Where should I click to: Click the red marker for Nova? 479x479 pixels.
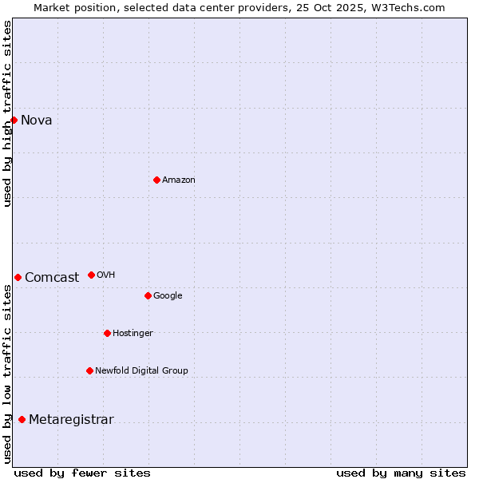coord(14,120)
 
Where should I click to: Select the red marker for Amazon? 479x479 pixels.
coord(156,180)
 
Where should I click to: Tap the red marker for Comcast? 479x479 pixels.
coord(18,277)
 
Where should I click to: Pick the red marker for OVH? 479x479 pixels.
coord(91,275)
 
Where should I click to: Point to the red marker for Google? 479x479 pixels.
coord(148,295)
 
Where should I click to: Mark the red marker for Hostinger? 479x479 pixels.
coord(107,333)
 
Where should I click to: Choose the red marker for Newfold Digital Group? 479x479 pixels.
coord(89,370)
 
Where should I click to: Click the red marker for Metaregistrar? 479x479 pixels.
coord(22,419)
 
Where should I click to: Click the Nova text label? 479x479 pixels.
coord(37,121)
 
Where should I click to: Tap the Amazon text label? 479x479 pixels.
coord(179,180)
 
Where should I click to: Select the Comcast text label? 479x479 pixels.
coord(52,278)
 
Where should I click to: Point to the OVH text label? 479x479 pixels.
coord(106,275)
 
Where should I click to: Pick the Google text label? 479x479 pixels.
coord(168,296)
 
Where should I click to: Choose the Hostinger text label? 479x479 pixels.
coord(133,334)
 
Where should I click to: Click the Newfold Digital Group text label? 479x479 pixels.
coord(142,371)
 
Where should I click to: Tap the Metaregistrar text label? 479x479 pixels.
coord(71,420)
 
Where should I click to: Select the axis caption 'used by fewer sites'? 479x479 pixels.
coord(82,473)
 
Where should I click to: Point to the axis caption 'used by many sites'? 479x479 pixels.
coord(401,473)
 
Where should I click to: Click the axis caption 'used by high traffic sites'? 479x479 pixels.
coord(7,113)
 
